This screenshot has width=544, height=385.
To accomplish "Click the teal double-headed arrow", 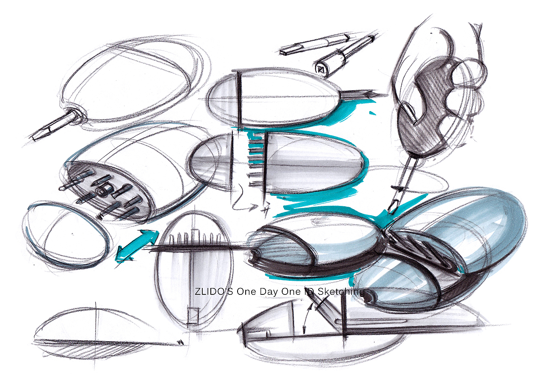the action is click(137, 246).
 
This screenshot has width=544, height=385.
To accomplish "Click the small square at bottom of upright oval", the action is click(193, 316).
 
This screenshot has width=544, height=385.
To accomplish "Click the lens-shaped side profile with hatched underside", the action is click(107, 335).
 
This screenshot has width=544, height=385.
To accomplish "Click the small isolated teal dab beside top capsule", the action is click(373, 113).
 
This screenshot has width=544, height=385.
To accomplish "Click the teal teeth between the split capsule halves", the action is click(255, 160).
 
